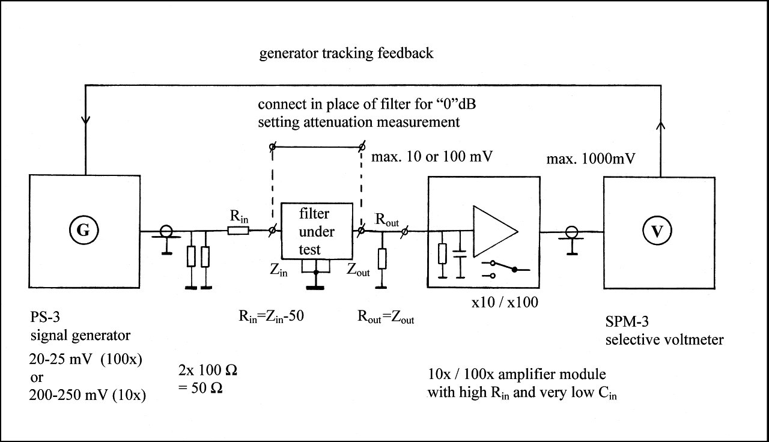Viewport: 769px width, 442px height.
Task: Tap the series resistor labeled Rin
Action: [x=239, y=231]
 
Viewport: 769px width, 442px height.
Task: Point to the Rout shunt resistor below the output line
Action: [x=381, y=259]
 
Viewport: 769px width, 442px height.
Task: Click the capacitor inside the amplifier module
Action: [x=460, y=254]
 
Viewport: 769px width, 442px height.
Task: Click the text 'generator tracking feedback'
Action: [x=346, y=54]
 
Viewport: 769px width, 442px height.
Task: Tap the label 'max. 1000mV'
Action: [x=591, y=159]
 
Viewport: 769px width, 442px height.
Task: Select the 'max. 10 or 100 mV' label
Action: [x=432, y=157]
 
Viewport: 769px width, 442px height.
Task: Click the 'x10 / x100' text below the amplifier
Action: [x=505, y=302]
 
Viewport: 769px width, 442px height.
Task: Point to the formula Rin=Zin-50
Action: [x=271, y=316]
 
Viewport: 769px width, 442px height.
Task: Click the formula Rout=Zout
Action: [x=386, y=316]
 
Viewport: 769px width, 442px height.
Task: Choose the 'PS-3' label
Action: [x=45, y=316]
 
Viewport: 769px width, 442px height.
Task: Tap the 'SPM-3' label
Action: [x=627, y=321]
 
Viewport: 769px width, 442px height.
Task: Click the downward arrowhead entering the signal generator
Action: [x=85, y=121]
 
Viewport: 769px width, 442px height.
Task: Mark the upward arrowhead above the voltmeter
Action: [x=661, y=126]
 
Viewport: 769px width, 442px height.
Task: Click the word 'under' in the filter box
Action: [x=317, y=232]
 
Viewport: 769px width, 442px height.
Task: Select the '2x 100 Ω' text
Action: [x=208, y=370]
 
